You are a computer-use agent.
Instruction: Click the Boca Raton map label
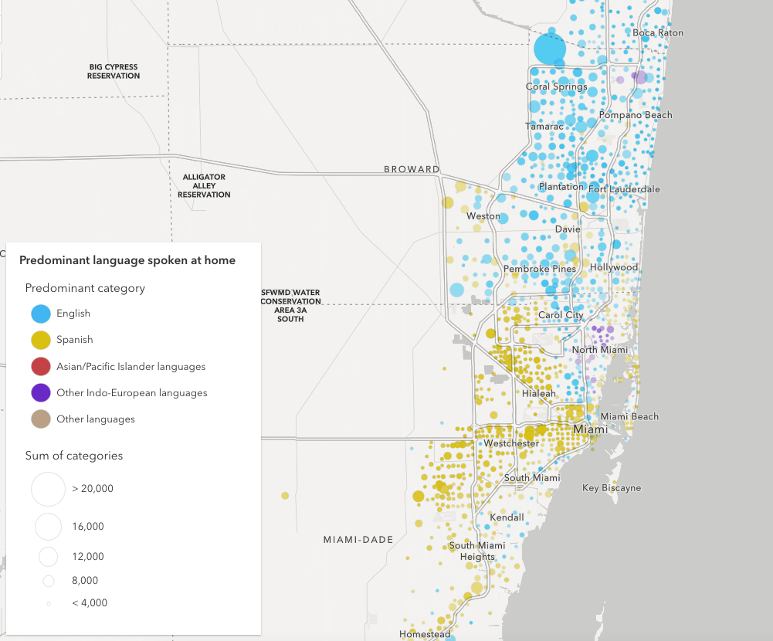658,33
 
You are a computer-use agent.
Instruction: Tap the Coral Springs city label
557,87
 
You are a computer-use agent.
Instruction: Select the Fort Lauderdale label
624,189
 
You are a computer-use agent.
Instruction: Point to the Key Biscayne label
612,488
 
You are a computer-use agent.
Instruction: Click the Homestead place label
425,634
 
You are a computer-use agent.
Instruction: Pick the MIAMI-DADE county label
358,539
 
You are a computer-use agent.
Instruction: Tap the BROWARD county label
412,169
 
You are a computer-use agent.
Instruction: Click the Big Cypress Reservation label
114,72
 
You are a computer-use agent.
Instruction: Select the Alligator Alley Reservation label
204,186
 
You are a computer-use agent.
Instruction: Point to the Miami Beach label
629,417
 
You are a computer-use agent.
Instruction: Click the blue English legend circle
42,314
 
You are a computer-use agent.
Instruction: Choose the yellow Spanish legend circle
42,340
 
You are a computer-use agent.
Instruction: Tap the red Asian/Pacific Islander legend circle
42,367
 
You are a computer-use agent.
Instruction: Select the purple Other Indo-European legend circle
42,393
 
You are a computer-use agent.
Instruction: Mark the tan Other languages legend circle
42,419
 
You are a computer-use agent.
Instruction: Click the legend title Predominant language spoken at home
127,261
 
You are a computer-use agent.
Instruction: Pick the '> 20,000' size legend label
93,489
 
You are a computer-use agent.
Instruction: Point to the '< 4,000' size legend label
90,602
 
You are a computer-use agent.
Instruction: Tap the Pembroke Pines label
540,269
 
